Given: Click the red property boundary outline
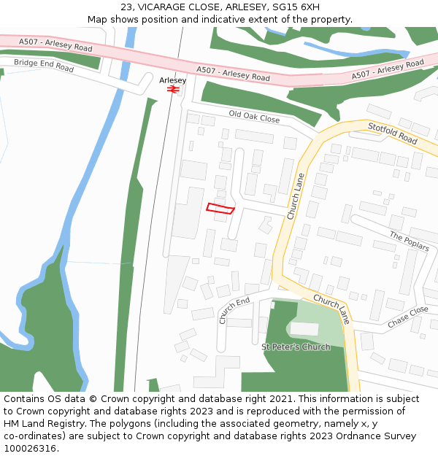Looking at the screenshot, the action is coord(220,209).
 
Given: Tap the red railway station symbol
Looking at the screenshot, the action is coord(173,89).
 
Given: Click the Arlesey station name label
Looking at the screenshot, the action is coord(173,80).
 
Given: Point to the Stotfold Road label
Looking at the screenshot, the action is coord(392,133).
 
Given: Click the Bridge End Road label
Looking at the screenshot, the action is coord(44,66).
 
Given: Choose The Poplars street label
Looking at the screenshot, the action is coord(409,241).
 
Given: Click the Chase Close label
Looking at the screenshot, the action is coord(408,317).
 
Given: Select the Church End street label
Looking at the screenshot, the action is coord(234,310).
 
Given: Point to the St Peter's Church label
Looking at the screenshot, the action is coord(296,347).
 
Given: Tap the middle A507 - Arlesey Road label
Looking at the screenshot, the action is coord(233,74).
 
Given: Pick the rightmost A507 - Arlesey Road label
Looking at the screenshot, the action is coord(387,69).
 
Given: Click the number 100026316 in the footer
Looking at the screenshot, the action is coord(30,448).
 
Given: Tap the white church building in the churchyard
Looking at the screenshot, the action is coord(304,329).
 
